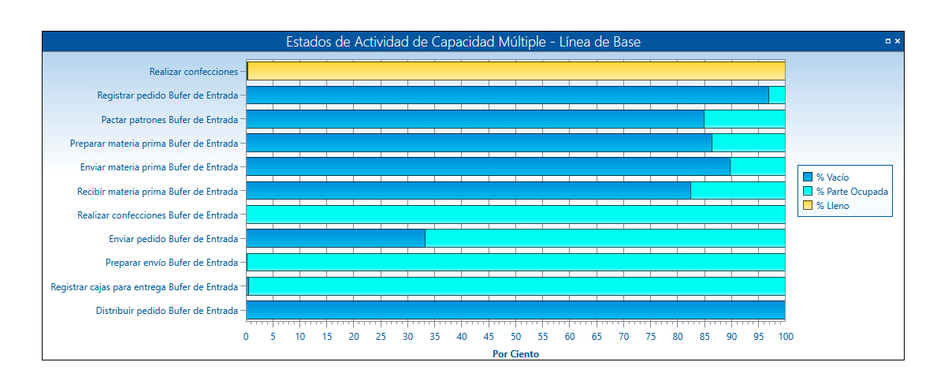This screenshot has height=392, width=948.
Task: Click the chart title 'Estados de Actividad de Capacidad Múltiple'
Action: click(463, 42)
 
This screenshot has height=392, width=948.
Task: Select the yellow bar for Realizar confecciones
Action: click(516, 71)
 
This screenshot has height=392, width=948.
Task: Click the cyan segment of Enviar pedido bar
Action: click(604, 238)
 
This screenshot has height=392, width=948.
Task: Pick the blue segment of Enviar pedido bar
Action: click(336, 238)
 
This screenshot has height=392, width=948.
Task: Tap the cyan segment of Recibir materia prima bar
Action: click(737, 191)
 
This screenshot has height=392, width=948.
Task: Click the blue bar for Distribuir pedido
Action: click(516, 310)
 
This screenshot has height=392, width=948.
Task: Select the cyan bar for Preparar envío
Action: click(516, 263)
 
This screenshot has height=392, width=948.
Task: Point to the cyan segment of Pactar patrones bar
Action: click(744, 119)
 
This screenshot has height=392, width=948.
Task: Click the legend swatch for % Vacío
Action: click(807, 177)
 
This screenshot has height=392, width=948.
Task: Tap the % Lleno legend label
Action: click(833, 206)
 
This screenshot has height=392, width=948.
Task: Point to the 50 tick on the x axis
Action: click(515, 337)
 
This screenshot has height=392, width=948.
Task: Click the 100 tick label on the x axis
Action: click(785, 337)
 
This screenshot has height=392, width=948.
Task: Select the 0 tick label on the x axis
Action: click(246, 337)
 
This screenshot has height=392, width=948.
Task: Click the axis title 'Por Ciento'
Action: click(515, 354)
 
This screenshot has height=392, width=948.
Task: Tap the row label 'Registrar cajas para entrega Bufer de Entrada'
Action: click(144, 287)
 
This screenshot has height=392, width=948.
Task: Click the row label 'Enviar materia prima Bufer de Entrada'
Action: click(158, 167)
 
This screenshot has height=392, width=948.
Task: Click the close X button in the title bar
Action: click(897, 41)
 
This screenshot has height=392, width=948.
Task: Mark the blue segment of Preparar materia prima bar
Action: click(479, 143)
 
